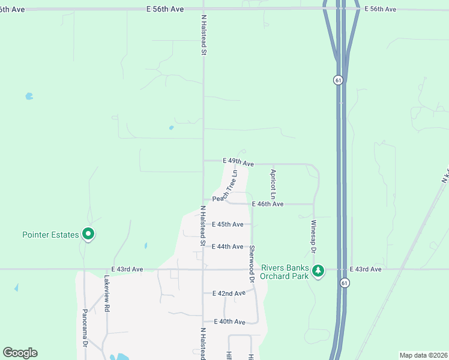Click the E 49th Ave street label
click(x=238, y=163)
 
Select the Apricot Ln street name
click(x=273, y=184)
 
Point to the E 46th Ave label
click(x=267, y=205)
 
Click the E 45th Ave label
click(x=228, y=224)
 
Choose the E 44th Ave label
click(x=228, y=247)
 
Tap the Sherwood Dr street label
click(x=252, y=263)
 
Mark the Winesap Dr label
click(x=313, y=235)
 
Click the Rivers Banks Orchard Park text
click(x=285, y=272)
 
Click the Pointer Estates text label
click(x=50, y=235)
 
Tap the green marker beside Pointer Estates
click(x=88, y=234)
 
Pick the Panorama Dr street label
click(x=85, y=329)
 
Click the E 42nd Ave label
click(x=229, y=293)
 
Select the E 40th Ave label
click(x=229, y=322)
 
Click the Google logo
click(x=20, y=353)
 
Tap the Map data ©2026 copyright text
click(x=423, y=355)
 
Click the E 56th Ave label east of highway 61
click(x=380, y=9)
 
